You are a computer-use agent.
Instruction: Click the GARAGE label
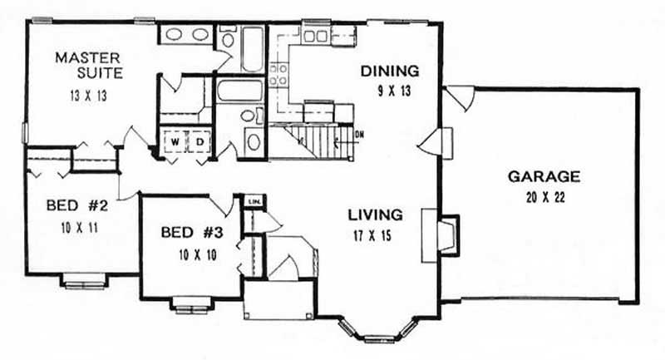point(544,176)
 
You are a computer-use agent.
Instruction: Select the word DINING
point(389,71)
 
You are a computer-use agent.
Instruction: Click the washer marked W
point(175,142)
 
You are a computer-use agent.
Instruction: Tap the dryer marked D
point(199,142)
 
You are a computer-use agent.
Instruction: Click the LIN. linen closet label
point(253,200)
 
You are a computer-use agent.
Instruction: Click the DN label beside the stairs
point(359,134)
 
